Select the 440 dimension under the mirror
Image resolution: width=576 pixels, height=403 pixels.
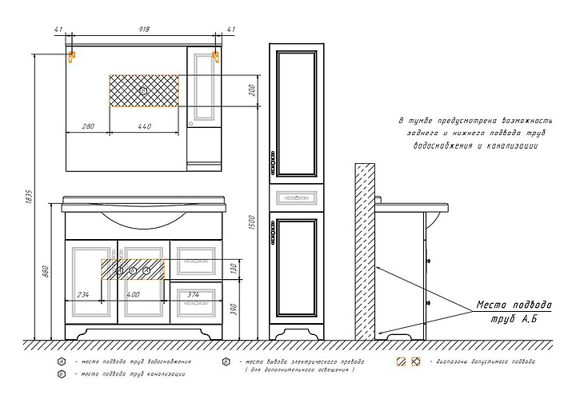(x=144, y=126)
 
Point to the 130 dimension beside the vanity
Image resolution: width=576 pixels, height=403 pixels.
(x=233, y=269)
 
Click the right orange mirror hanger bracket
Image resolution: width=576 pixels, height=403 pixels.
(x=215, y=57)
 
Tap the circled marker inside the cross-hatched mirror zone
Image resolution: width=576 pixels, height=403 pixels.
(x=143, y=91)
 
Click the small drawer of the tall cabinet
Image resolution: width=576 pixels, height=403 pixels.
(x=298, y=195)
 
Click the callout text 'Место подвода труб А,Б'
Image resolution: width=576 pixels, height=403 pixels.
(x=514, y=312)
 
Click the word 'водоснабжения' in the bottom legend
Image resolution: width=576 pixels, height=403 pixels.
(x=166, y=361)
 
